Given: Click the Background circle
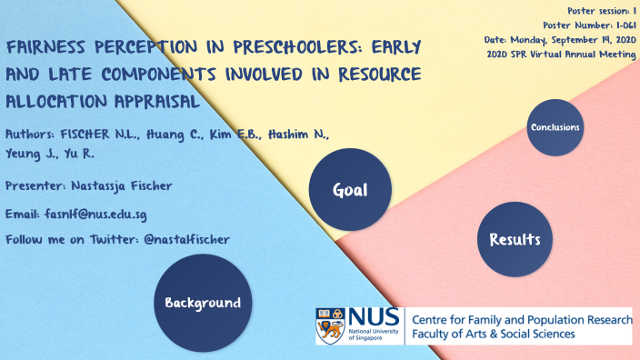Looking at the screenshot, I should tap(202, 303).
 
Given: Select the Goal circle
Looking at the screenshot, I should tap(350, 190).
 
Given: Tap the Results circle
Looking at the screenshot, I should tap(515, 240).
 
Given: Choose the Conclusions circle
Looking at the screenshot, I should tap(555, 127).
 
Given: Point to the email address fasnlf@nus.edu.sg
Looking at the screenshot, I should tap(95, 215).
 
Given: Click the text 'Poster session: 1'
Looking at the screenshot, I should tap(596, 10).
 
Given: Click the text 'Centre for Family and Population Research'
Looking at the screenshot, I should tap(522, 320).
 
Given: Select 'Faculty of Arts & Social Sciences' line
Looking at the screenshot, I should tap(494, 335).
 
